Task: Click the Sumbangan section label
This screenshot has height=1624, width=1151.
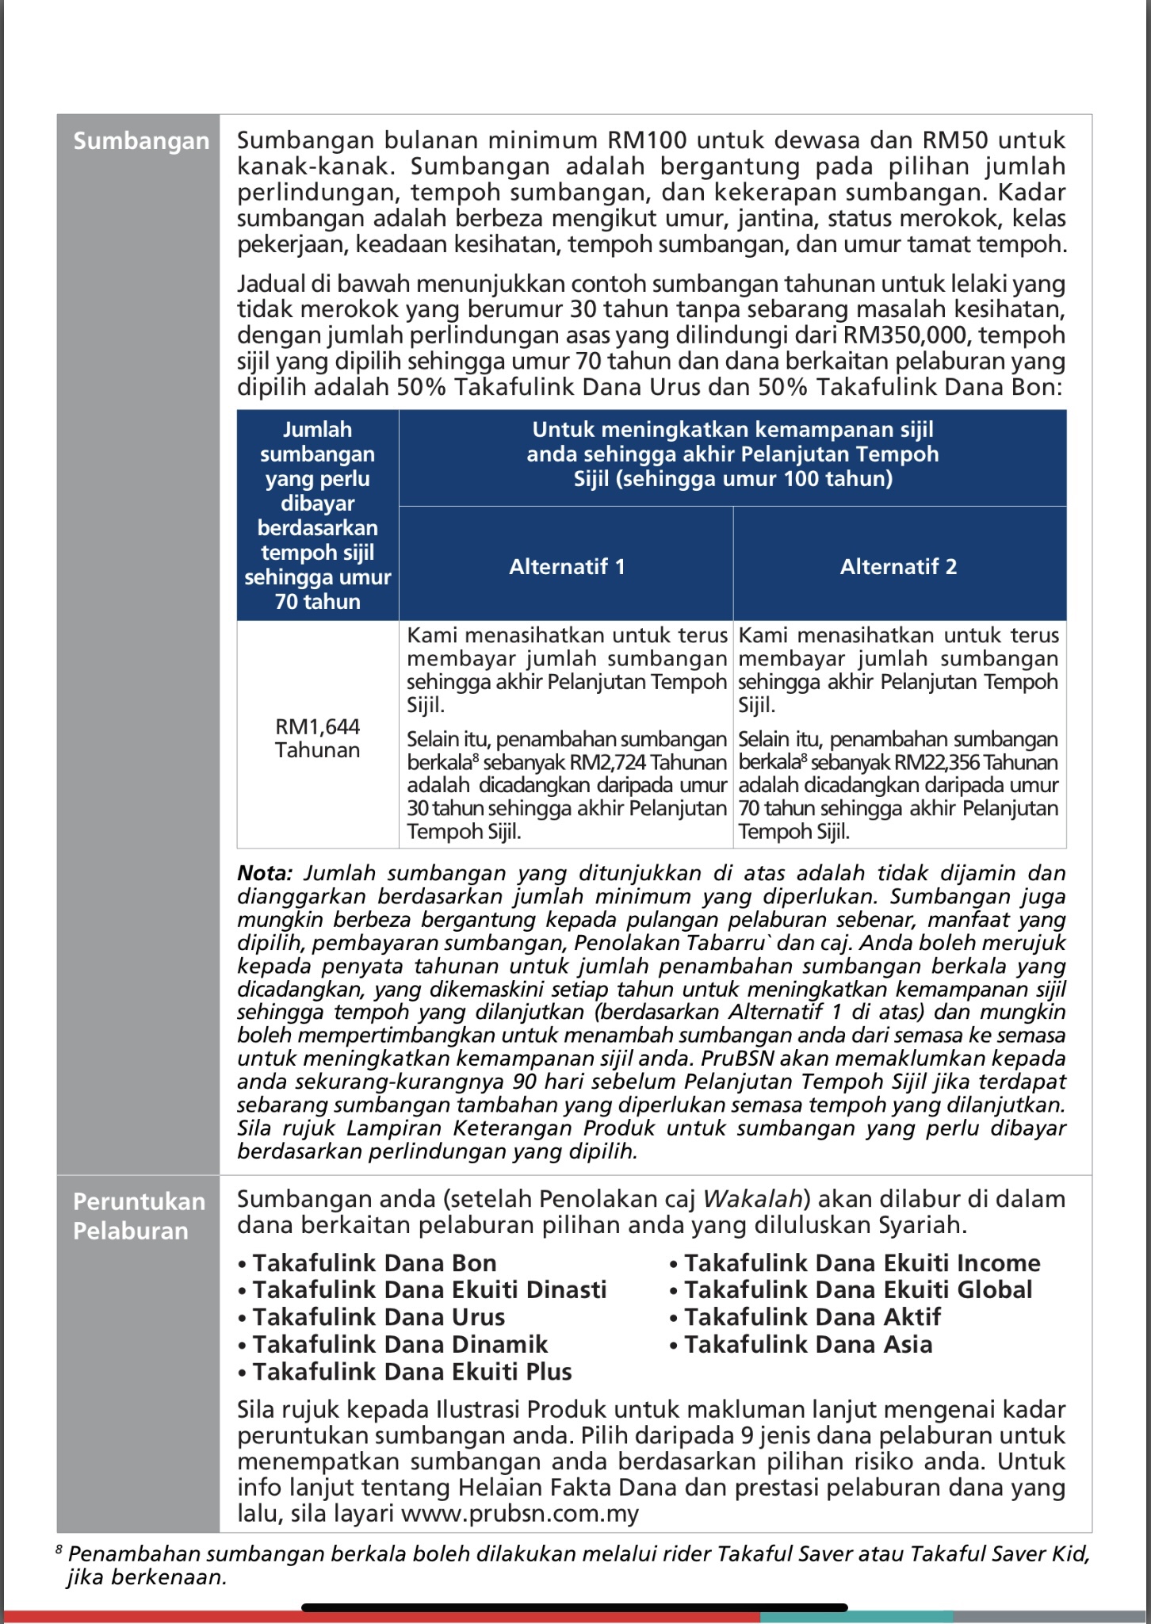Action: pyautogui.click(x=141, y=141)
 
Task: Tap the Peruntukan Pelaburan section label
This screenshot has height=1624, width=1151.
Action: pyautogui.click(x=139, y=1216)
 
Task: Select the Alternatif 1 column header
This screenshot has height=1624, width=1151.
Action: pyautogui.click(x=567, y=566)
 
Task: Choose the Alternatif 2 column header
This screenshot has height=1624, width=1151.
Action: pyautogui.click(x=898, y=566)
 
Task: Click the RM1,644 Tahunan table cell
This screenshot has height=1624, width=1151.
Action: pyautogui.click(x=317, y=737)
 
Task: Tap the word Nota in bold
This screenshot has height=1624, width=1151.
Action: pyautogui.click(x=264, y=874)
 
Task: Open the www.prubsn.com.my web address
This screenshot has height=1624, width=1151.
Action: pyautogui.click(x=520, y=1514)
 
